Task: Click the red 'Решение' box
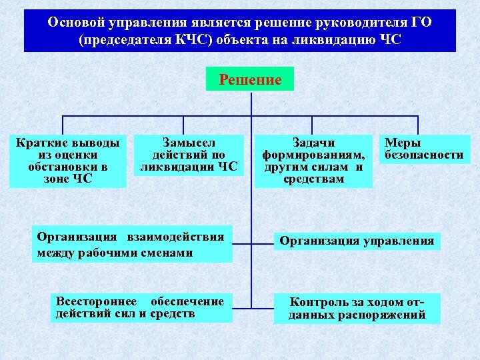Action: (250, 80)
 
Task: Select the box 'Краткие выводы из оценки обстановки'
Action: (68, 161)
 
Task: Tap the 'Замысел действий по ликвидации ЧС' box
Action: (189, 155)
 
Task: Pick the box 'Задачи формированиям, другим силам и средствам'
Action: (313, 161)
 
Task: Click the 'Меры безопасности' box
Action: (423, 149)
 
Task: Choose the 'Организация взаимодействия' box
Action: (132, 244)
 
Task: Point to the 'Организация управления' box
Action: (357, 241)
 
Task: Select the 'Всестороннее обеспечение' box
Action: (141, 307)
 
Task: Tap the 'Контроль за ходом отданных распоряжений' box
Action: (357, 308)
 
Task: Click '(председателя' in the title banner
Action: (125, 39)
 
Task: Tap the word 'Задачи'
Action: (314, 143)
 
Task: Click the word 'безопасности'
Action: (423, 155)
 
